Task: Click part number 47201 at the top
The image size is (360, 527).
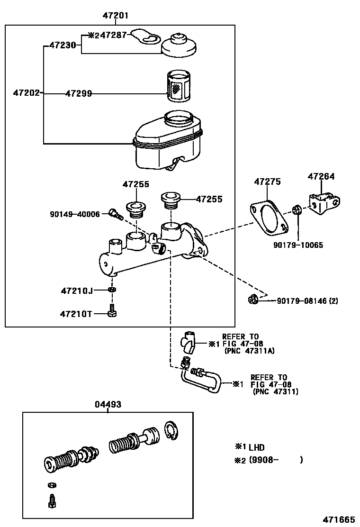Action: tap(116, 16)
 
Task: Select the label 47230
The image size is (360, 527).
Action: tap(62, 46)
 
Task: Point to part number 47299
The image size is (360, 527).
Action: tap(78, 94)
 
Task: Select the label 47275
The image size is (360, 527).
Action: tap(267, 182)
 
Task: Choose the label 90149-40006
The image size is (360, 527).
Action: tap(75, 214)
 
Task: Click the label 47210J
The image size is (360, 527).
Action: tap(77, 290)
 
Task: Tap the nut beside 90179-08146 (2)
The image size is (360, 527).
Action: tap(252, 299)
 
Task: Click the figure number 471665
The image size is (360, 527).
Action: tap(339, 519)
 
